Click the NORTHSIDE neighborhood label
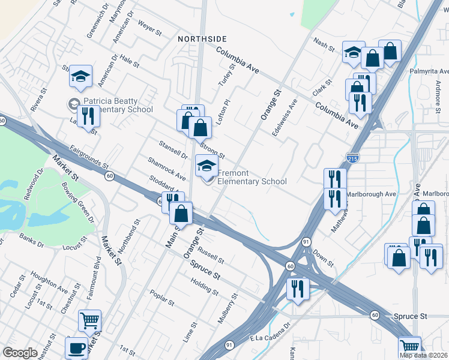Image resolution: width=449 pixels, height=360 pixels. pyautogui.click(x=202, y=38)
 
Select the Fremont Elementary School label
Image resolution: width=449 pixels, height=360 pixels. pyautogui.click(x=252, y=177)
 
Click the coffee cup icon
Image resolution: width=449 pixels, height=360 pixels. pyautogui.click(x=76, y=347)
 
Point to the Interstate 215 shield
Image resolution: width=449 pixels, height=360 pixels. pyautogui.click(x=353, y=158)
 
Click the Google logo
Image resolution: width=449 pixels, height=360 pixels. pyautogui.click(x=20, y=353)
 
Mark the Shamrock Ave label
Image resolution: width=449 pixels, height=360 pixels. pyautogui.click(x=167, y=169)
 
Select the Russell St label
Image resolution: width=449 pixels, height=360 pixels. pyautogui.click(x=211, y=254)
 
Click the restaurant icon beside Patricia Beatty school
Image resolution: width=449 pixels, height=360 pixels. pyautogui.click(x=89, y=115)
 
